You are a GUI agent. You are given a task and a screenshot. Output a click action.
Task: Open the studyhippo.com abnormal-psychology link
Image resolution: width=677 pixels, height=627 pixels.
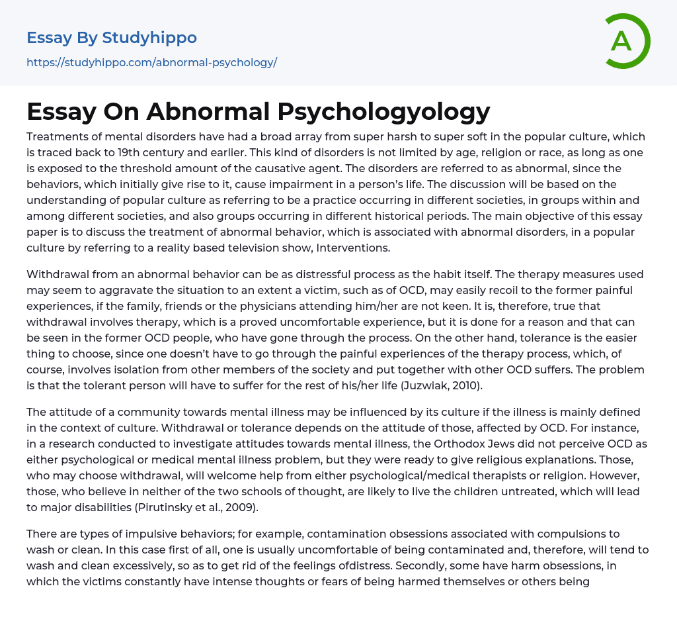click(151, 63)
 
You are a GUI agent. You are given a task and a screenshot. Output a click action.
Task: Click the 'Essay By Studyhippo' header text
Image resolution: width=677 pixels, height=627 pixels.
click(112, 38)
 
